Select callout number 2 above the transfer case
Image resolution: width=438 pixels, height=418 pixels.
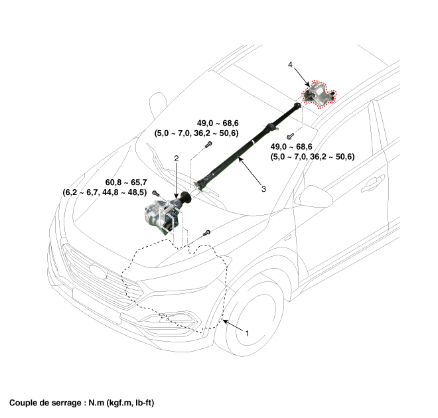click(177, 159)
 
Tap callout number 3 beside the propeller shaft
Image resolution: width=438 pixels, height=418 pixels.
click(263, 189)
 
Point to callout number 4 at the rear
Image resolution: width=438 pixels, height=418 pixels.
click(291, 64)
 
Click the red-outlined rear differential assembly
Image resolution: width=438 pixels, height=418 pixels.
click(319, 95)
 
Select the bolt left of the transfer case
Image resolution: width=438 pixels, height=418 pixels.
click(155, 193)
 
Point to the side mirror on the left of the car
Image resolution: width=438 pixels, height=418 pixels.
click(157, 103)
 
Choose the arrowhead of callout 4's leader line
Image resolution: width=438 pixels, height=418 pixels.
click(305, 83)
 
